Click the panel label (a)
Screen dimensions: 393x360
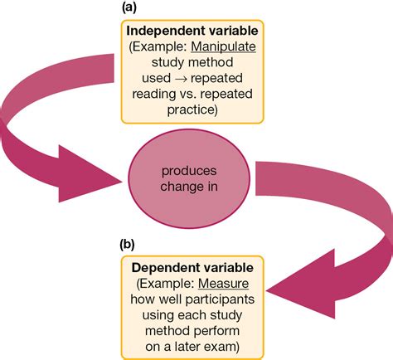[x=129, y=7]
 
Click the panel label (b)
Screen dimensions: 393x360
[x=127, y=245]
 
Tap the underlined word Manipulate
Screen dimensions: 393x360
[x=223, y=46]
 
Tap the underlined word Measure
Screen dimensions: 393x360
[x=223, y=284]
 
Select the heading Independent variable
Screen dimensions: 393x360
[x=192, y=31]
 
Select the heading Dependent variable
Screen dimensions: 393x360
[x=192, y=268]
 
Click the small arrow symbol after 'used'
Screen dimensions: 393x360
[x=181, y=79]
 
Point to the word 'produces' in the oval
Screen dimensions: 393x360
[x=189, y=172]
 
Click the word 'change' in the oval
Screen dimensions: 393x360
[x=181, y=187]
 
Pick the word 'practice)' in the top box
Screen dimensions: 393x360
[x=192, y=110]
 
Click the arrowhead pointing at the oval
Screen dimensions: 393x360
[x=90, y=173]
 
